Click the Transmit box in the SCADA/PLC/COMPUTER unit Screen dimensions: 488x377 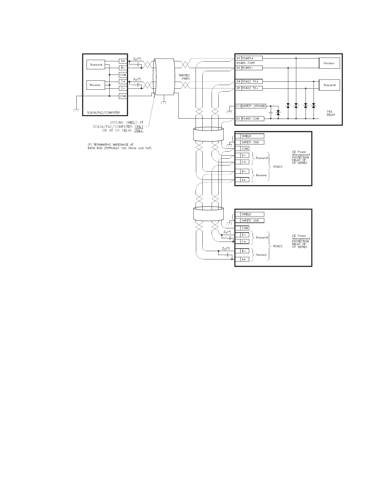tap(96, 65)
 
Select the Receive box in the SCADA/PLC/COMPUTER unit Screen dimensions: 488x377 tap(95, 85)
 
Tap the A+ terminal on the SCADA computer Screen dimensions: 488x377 tap(123, 61)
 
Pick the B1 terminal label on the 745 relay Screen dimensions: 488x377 tap(238, 58)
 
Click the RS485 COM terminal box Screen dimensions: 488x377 tap(253, 119)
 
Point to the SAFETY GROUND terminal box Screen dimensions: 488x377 tap(253, 106)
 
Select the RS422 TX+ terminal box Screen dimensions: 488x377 tap(252, 82)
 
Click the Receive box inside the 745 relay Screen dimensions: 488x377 tap(329, 63)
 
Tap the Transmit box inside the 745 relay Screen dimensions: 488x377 tap(329, 85)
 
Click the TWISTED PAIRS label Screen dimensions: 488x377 tap(184, 77)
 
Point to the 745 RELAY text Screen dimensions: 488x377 tap(331, 113)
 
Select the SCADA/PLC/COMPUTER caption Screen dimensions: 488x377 tap(103, 112)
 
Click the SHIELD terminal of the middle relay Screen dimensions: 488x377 tap(252, 136)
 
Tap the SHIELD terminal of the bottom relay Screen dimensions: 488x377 tap(252, 214)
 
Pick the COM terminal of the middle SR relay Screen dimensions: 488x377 tap(245, 149)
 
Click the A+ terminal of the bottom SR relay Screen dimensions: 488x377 tap(244, 259)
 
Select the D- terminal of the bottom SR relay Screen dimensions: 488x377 tap(244, 235)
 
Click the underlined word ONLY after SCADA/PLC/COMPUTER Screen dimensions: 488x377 tap(139, 127)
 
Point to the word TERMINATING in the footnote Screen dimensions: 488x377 tap(104, 144)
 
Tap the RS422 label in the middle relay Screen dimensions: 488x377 tap(278, 167)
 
